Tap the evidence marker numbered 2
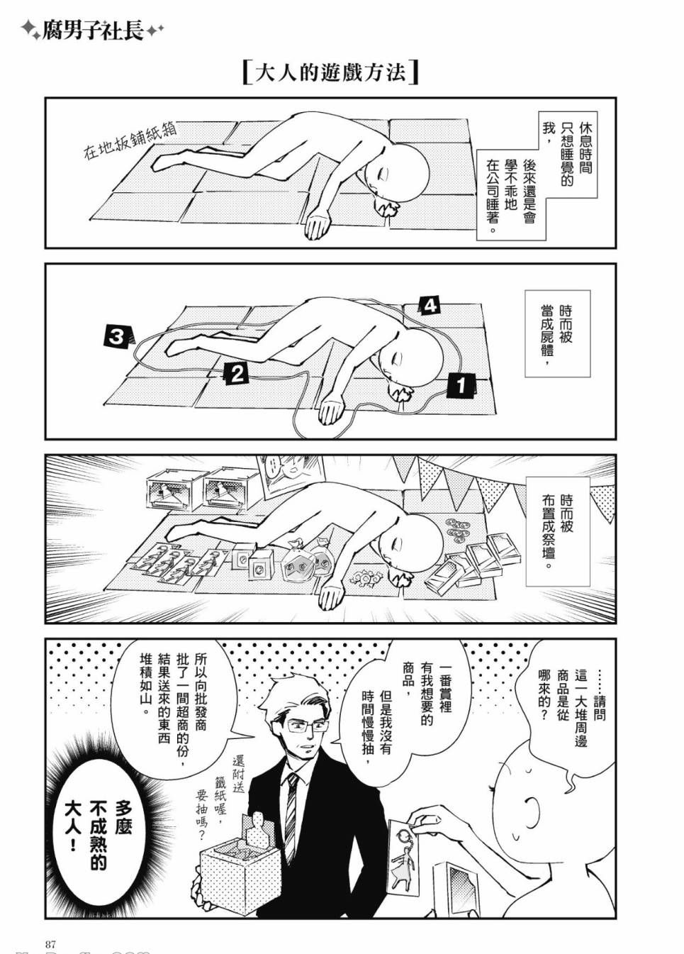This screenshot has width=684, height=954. (x=237, y=374)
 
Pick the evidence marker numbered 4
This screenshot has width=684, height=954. (x=430, y=306)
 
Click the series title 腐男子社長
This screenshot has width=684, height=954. (x=92, y=31)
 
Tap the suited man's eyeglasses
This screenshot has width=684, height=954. (x=306, y=725)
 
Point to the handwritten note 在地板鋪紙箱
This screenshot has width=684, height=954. (x=130, y=140)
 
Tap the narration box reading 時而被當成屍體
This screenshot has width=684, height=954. (x=557, y=333)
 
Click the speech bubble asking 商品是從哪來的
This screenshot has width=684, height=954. (x=566, y=699)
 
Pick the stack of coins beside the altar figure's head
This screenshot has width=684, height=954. (x=458, y=531)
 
